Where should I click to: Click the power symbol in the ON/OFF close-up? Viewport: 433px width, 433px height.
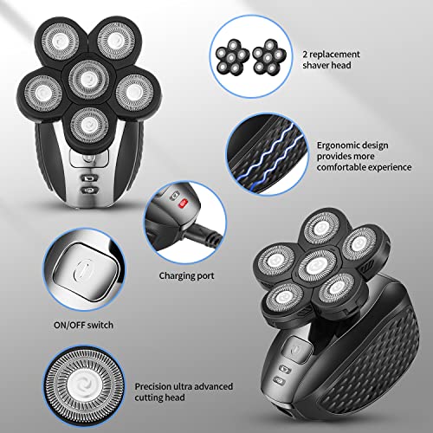[x=85, y=269]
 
